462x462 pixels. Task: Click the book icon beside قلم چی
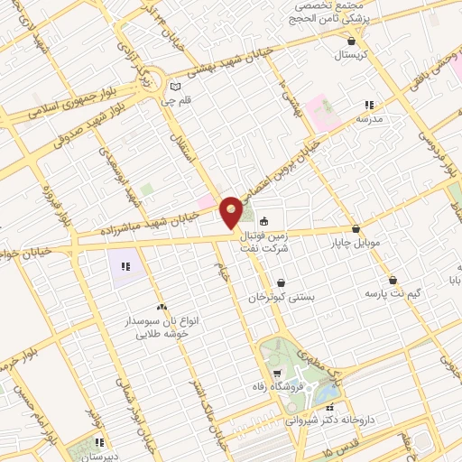coord(175,87)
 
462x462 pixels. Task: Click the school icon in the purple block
coord(126,266)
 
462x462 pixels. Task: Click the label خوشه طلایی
coord(161,333)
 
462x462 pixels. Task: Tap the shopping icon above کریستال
coord(352,41)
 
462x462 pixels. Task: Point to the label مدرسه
coord(370,118)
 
